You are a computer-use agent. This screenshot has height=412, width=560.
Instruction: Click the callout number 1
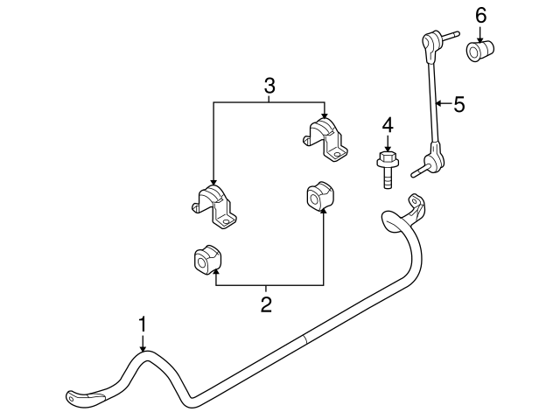(x=143, y=325)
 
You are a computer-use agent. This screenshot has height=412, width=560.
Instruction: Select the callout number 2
(x=266, y=304)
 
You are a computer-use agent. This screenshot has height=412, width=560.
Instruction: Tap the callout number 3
(x=269, y=86)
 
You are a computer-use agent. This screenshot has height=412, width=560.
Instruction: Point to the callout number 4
(x=386, y=125)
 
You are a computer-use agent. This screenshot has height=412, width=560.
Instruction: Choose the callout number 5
(x=458, y=105)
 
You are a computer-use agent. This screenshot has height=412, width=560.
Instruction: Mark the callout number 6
(x=479, y=16)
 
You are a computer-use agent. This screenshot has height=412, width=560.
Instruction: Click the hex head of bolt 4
(x=386, y=160)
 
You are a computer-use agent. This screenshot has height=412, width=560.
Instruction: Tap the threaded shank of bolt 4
(x=386, y=179)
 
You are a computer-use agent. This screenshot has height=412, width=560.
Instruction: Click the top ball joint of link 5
(x=430, y=39)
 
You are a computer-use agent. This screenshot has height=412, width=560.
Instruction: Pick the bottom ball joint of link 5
(x=433, y=159)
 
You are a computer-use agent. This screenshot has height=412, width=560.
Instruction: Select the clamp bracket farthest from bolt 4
(x=214, y=207)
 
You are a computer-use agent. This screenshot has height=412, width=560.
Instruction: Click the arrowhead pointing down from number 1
(x=143, y=348)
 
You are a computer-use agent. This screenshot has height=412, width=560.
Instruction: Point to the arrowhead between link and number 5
(x=440, y=105)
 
